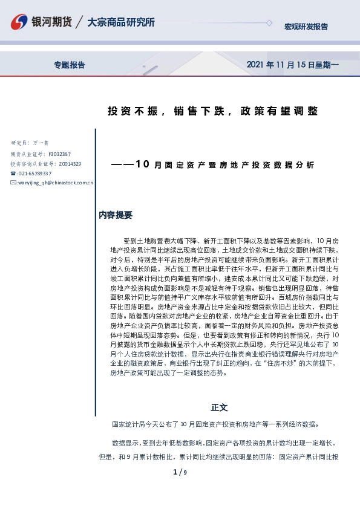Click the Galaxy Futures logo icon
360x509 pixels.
tap(19, 23)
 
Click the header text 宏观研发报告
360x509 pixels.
tap(306, 27)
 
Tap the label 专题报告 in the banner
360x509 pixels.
tap(70, 65)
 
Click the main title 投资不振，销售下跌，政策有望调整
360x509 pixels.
tap(212, 111)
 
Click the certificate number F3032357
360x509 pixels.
tap(59, 154)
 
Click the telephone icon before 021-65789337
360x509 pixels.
tap(13, 173)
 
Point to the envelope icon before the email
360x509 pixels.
tap(13, 182)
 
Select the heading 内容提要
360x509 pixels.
tap(115, 215)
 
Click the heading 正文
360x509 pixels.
tap(219, 407)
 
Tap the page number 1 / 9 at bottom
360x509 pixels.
tap(180, 472)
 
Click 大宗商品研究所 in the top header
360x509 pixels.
tap(121, 22)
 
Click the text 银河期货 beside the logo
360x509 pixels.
tap(52, 22)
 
